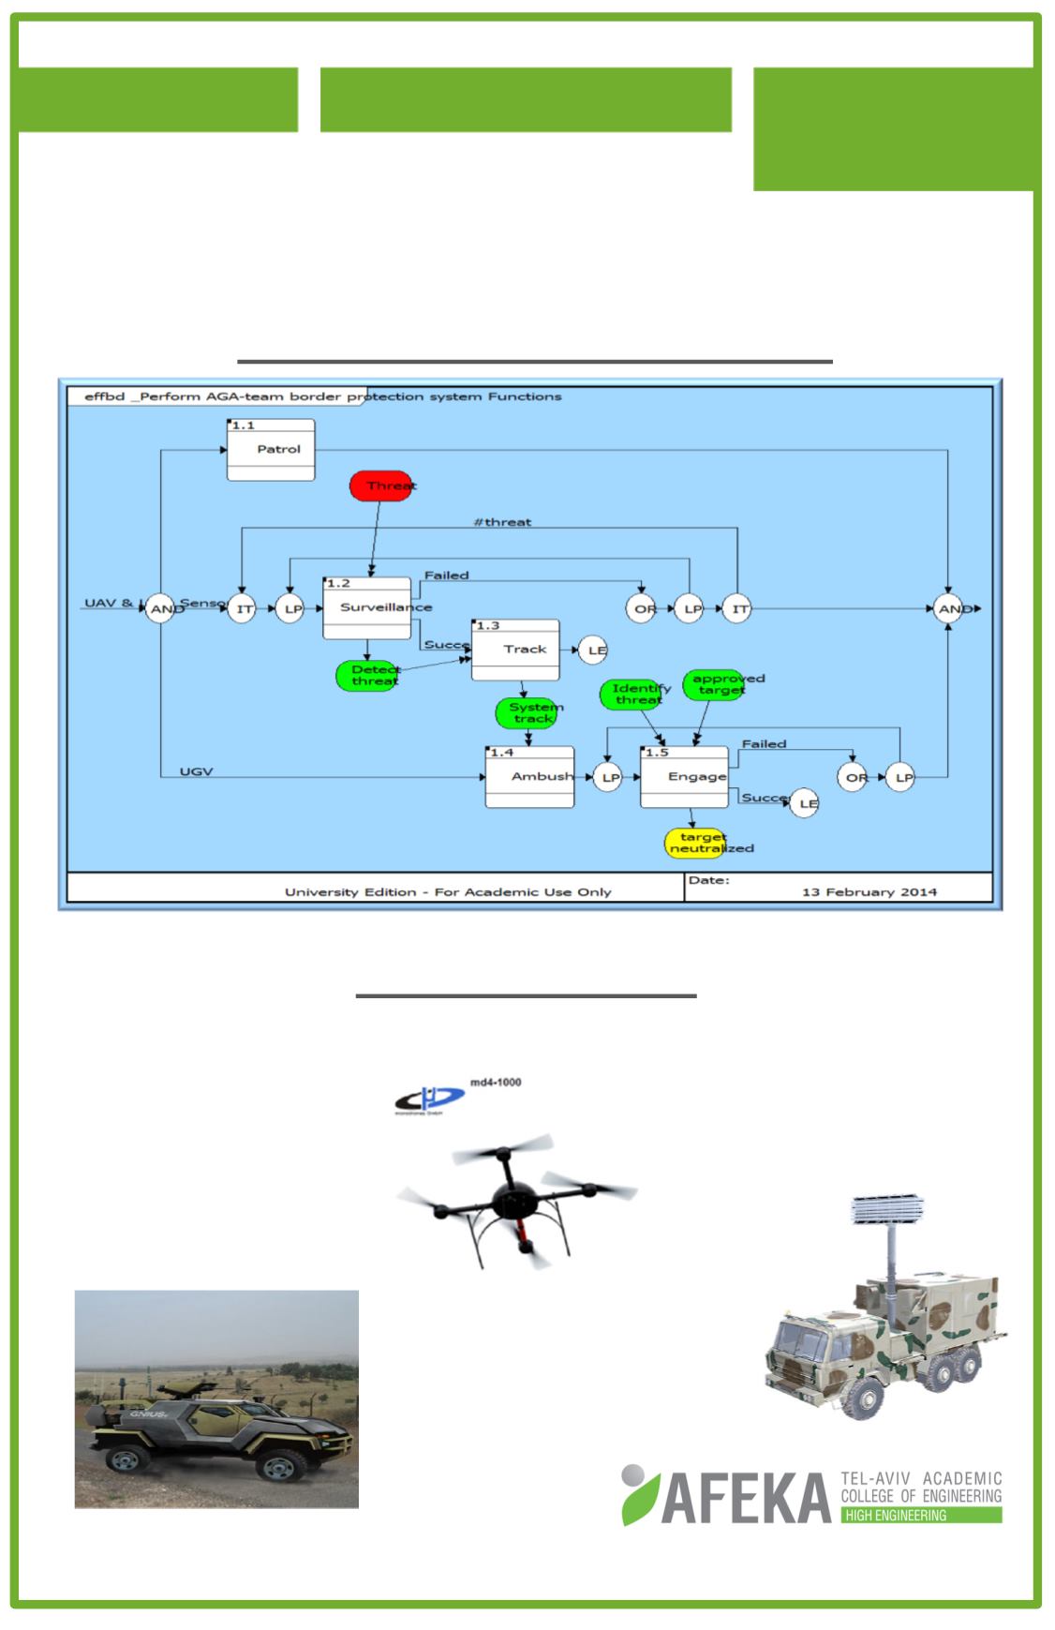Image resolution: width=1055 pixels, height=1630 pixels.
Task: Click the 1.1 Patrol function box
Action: coord(271,450)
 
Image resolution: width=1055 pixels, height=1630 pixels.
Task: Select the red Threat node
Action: coord(381,486)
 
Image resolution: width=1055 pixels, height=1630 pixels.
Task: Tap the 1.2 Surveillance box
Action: coord(366,607)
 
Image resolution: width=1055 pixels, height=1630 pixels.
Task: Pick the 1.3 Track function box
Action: coord(515,649)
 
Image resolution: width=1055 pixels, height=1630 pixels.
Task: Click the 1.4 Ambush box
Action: coord(529,776)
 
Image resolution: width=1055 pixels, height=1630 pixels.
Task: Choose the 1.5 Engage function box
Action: coord(684,776)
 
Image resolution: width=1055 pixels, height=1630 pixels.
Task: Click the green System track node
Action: coord(527,712)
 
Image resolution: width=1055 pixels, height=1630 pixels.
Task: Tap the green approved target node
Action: coord(716,684)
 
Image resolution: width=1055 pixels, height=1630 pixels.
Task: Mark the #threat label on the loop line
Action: coord(502,522)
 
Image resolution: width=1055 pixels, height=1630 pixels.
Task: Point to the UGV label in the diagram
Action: coord(197,771)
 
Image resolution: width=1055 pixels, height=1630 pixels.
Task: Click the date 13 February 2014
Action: coord(869,891)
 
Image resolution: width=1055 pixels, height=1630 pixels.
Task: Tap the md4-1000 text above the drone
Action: coord(495,1082)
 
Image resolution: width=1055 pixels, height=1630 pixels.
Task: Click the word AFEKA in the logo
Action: coord(746,1498)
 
